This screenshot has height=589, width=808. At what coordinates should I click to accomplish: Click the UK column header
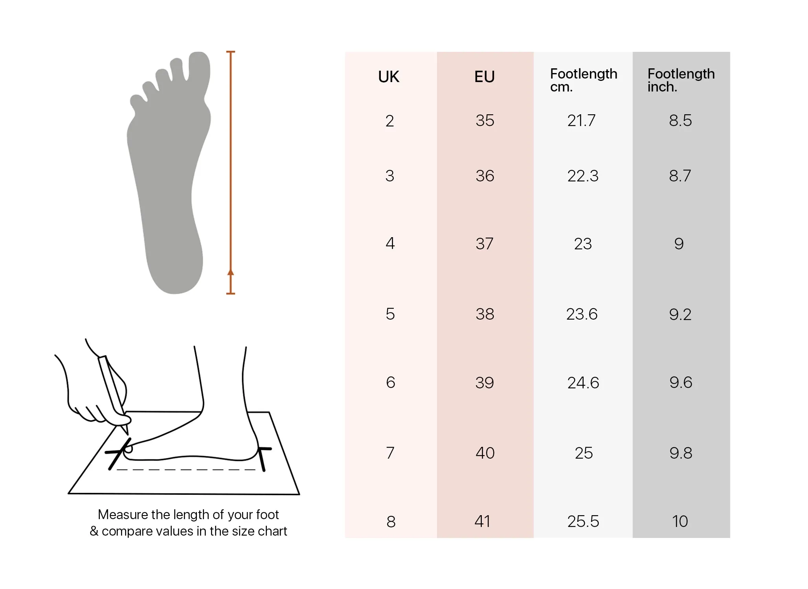pyautogui.click(x=389, y=77)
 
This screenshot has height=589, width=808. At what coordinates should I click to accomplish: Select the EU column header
pyautogui.click(x=485, y=77)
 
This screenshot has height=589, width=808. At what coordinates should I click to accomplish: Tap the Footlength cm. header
pyautogui.click(x=584, y=80)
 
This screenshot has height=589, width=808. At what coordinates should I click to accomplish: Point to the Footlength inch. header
pyautogui.click(x=681, y=80)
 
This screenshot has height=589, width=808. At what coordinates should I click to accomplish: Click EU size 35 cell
pyautogui.click(x=485, y=120)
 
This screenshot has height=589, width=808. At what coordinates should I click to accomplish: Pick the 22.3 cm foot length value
pyautogui.click(x=583, y=176)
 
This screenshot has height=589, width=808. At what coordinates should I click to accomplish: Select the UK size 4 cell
pyautogui.click(x=390, y=243)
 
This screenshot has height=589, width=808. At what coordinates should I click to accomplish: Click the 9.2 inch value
pyautogui.click(x=680, y=314)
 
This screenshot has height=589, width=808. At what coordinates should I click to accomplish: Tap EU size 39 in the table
pyautogui.click(x=485, y=382)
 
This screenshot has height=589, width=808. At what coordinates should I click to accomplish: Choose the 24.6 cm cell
pyautogui.click(x=583, y=382)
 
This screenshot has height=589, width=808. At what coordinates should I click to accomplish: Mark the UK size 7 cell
pyautogui.click(x=390, y=453)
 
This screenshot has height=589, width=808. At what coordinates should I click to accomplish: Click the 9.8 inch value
pyautogui.click(x=681, y=453)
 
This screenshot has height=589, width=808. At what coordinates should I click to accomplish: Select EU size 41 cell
pyautogui.click(x=483, y=521)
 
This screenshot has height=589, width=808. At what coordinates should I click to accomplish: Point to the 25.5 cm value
pyautogui.click(x=583, y=521)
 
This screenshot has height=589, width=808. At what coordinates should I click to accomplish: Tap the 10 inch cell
pyautogui.click(x=680, y=521)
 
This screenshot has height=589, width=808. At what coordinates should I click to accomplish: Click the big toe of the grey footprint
pyautogui.click(x=199, y=71)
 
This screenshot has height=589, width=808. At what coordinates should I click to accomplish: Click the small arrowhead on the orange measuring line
pyautogui.click(x=231, y=272)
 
